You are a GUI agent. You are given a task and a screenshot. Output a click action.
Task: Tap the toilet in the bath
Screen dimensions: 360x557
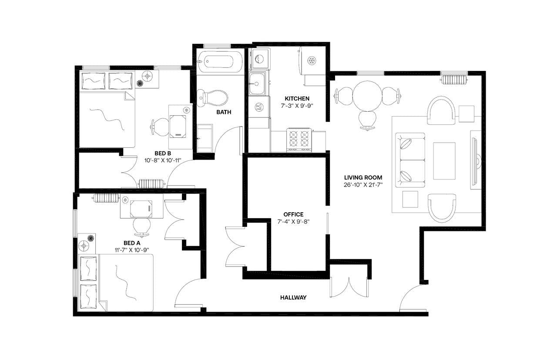click(213, 98)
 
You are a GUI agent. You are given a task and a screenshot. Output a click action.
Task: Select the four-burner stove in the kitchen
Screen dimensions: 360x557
click(299, 140)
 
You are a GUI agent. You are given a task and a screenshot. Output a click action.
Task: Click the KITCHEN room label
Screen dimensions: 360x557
click(297, 99)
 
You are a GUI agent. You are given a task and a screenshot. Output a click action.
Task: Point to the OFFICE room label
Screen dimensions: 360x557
click(293, 214)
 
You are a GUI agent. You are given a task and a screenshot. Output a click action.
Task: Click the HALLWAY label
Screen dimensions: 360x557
click(293, 298)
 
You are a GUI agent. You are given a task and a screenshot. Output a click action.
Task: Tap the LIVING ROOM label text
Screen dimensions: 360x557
click(363, 177)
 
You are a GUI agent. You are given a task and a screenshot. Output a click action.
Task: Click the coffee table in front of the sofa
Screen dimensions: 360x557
click(444, 160)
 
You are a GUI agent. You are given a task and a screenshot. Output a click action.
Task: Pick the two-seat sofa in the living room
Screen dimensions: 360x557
click(410, 160)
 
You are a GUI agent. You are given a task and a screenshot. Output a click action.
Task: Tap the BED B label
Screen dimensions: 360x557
click(162, 153)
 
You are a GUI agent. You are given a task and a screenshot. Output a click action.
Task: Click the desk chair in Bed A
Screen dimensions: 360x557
click(142, 226)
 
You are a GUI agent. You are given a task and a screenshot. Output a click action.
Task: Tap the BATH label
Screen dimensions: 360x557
click(224, 112)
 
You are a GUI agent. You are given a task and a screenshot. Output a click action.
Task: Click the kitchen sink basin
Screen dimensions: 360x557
click(257, 83)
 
